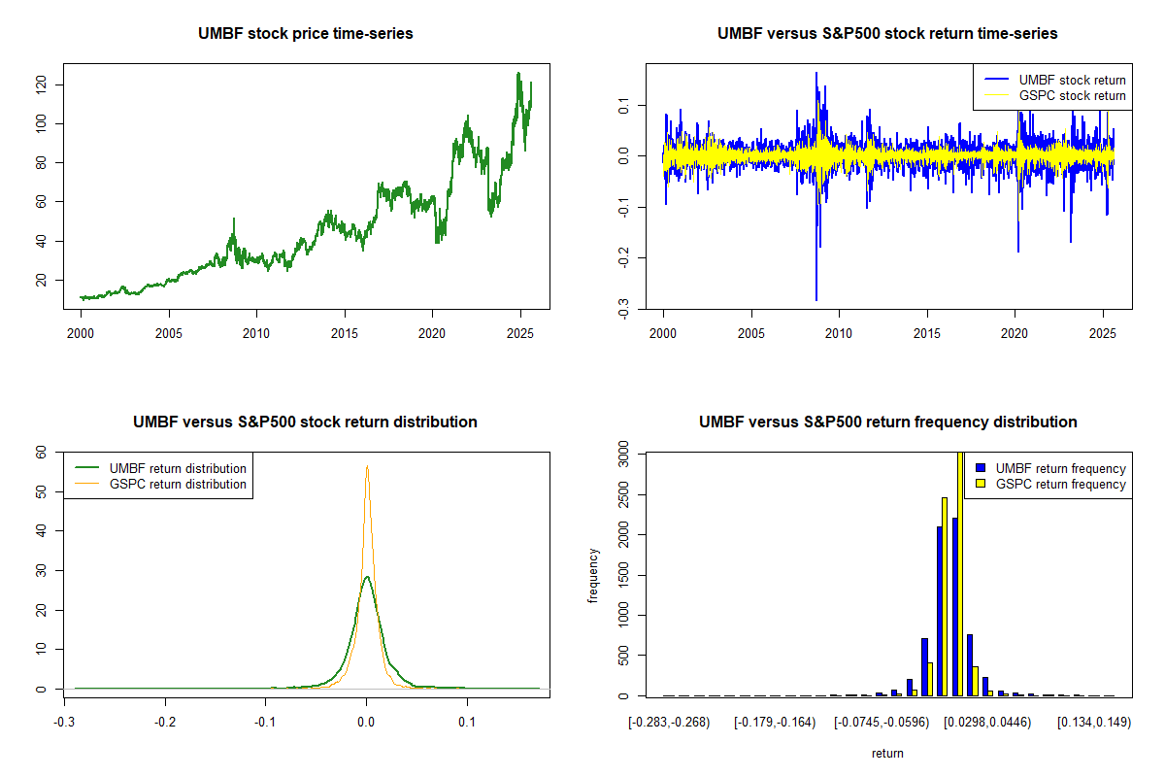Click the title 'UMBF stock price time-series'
tap(306, 34)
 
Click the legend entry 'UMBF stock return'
tap(1072, 80)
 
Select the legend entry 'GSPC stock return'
tap(1072, 95)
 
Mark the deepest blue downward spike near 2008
tap(816, 299)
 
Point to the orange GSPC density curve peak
tap(367, 466)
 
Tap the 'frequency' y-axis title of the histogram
tap(593, 575)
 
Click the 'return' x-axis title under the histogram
tap(887, 754)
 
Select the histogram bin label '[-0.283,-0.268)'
tap(669, 723)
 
